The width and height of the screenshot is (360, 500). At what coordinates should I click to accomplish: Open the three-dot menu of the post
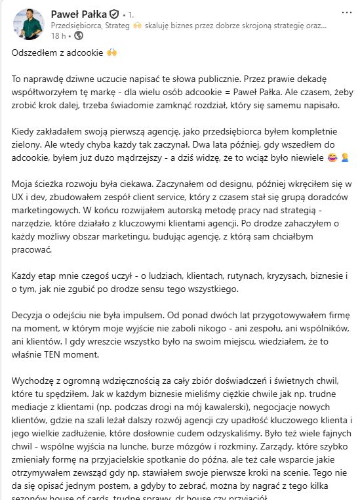346,13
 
